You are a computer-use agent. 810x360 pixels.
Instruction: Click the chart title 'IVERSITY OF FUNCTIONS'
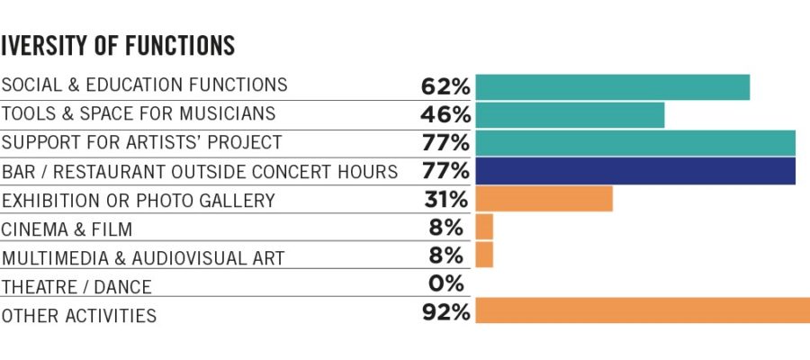118,45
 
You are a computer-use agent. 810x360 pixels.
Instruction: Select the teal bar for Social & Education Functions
612,86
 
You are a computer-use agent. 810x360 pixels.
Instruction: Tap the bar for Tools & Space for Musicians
570,115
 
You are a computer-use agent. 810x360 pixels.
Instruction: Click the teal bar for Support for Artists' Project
635,143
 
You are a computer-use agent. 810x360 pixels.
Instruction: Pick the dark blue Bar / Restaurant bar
635,171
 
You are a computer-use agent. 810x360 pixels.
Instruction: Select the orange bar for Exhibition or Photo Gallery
544,199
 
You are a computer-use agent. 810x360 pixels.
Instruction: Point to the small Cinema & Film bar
484,227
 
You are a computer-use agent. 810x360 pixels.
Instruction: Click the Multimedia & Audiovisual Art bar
484,255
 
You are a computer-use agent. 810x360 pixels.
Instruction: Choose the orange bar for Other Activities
643,310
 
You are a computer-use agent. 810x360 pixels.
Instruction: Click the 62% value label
445,86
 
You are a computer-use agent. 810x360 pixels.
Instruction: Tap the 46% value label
445,115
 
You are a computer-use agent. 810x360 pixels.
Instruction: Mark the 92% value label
445,312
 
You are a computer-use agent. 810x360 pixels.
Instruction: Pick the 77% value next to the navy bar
445,171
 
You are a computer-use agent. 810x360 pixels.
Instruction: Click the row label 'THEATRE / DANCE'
76,287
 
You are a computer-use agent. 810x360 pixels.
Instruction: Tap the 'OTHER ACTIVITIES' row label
79,315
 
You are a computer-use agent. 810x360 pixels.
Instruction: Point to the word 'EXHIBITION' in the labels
49,200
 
